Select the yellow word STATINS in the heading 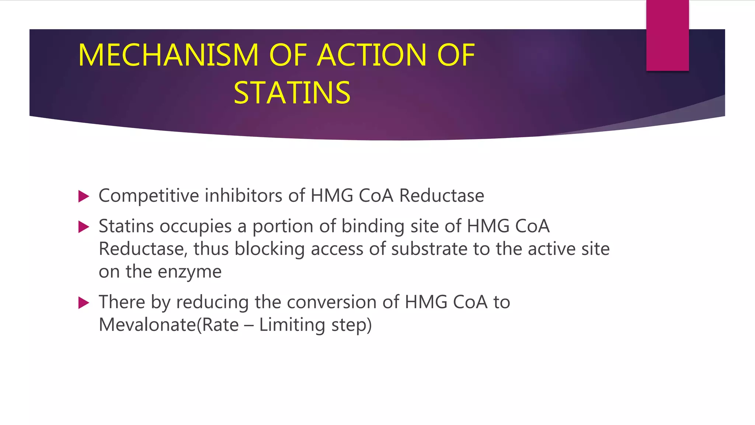pos(292,93)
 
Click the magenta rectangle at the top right pos(667,35)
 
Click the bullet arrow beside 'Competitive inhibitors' pos(84,196)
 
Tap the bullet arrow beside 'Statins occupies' pos(84,227)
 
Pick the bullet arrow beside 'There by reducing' pos(84,303)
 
